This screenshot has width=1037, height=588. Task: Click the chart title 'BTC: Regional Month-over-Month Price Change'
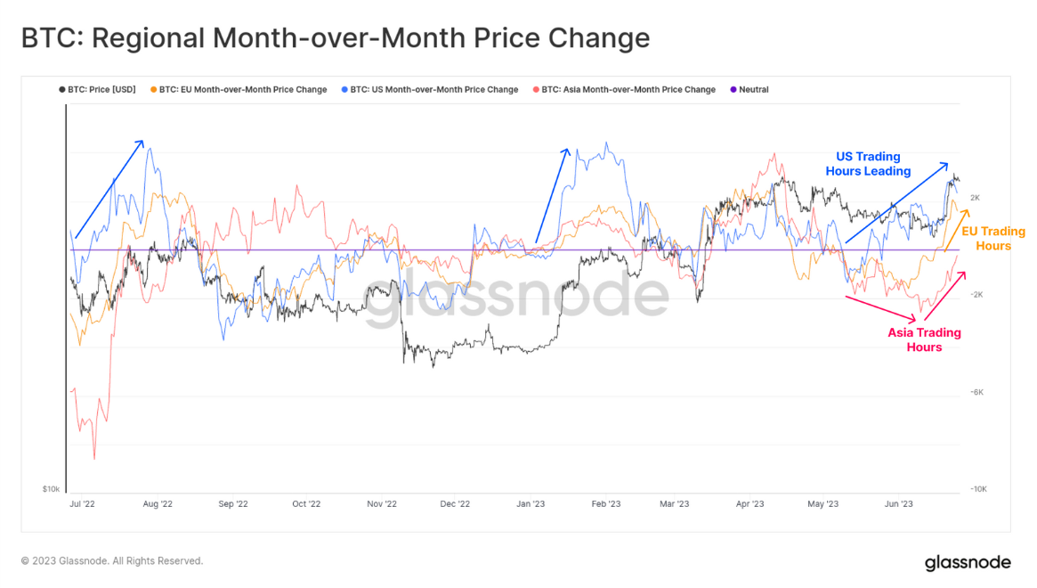click(335, 39)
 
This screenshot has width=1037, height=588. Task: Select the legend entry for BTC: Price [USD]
click(97, 90)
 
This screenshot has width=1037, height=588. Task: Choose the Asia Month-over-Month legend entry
click(623, 90)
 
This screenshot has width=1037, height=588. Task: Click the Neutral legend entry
click(749, 90)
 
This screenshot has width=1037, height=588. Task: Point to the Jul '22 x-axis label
click(82, 503)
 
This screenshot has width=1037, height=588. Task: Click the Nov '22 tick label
click(381, 503)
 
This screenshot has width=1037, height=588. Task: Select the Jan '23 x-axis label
click(531, 503)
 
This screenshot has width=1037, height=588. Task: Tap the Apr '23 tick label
click(749, 503)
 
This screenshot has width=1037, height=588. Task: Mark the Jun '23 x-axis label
click(898, 503)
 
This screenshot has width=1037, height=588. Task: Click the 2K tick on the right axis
click(975, 198)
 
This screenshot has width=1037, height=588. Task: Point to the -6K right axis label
click(976, 392)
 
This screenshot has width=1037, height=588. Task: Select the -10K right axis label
click(977, 489)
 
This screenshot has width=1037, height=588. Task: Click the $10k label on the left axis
click(51, 489)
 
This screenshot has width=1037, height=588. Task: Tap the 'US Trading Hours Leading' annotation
click(868, 164)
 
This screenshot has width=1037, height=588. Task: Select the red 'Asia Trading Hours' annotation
click(924, 340)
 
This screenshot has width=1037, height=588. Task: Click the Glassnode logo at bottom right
click(968, 562)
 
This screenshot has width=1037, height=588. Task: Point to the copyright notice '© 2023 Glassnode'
click(112, 561)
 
